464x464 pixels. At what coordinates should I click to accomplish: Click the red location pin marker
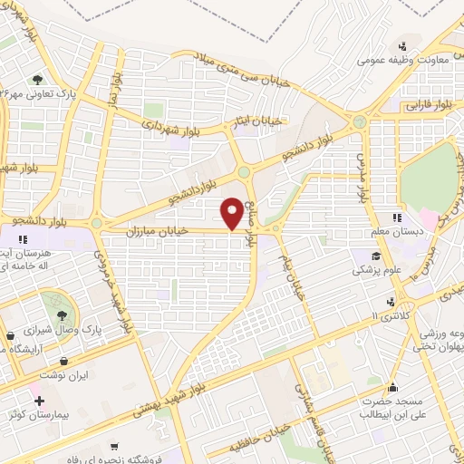click(233, 214)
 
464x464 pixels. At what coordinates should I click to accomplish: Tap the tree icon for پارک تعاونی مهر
click(37, 80)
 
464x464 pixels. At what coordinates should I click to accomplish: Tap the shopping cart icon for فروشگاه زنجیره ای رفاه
click(112, 447)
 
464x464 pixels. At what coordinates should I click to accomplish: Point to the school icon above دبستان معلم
click(396, 217)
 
